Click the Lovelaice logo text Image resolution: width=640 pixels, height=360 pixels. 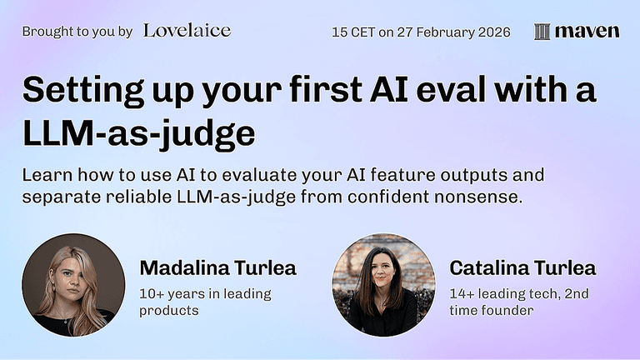click(x=187, y=31)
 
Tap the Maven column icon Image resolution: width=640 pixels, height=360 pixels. click(x=542, y=32)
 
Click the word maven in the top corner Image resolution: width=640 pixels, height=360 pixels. click(x=587, y=32)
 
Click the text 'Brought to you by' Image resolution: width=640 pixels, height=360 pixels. click(x=77, y=32)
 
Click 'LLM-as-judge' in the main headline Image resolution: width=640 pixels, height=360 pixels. click(x=138, y=132)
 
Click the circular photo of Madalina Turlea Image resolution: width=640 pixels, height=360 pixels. click(x=73, y=285)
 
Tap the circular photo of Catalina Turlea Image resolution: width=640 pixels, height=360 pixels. click(x=383, y=285)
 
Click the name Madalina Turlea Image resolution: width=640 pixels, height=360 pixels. click(x=217, y=267)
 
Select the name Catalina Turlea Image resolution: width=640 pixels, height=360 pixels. click(x=522, y=267)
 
